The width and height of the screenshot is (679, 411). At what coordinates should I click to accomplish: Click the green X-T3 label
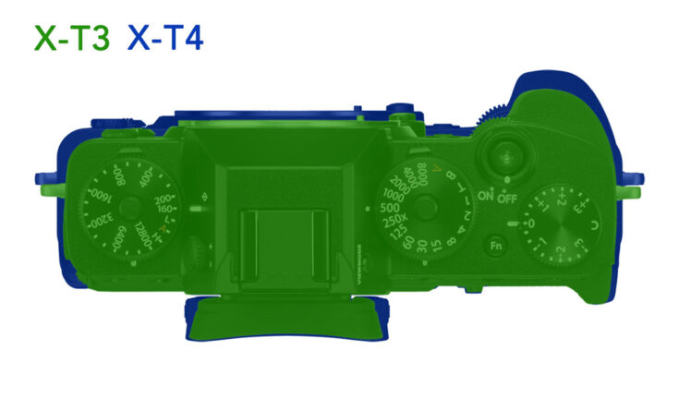coord(72,38)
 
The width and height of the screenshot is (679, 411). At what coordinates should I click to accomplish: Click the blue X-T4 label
coord(165,38)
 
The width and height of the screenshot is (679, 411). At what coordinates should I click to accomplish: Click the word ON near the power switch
coord(487,196)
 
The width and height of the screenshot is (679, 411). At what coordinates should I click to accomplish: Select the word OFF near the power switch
coord(506,196)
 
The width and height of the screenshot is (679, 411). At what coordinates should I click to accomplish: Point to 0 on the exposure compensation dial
coord(530,224)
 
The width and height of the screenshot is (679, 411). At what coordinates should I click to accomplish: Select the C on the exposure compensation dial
coord(592,226)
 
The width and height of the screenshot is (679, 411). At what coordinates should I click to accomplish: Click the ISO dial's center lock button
coord(128,209)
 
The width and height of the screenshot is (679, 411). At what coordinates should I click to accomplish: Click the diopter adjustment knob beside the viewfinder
coord(197,249)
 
